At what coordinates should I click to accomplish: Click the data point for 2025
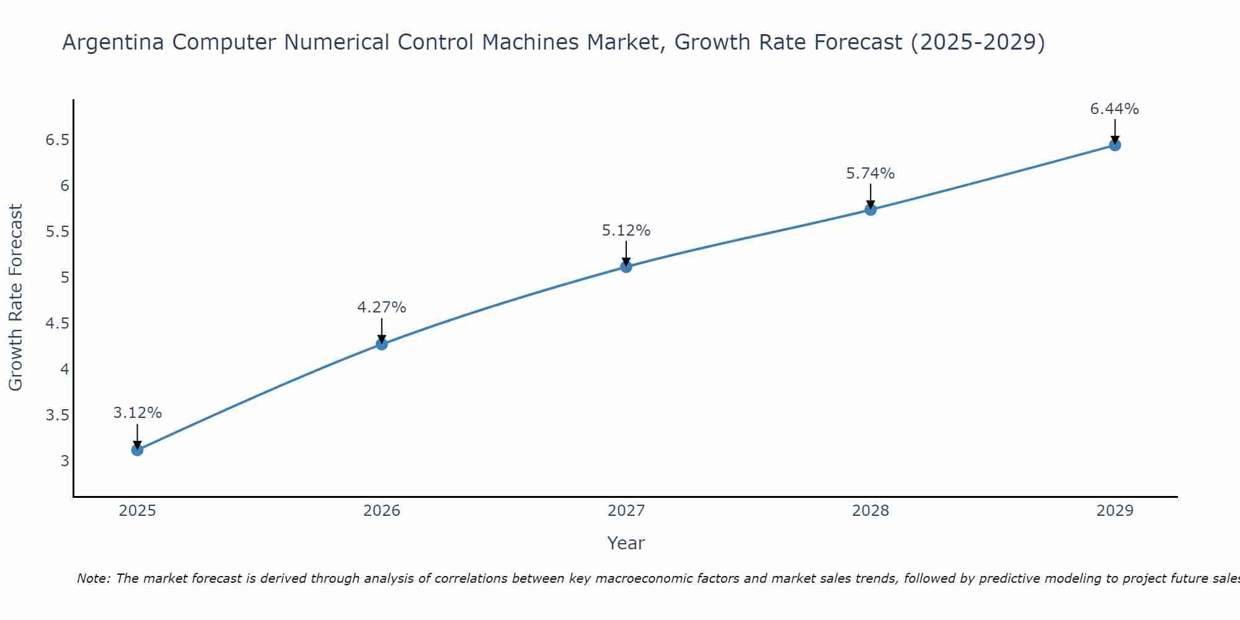pyautogui.click(x=138, y=449)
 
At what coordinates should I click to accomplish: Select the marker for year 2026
pyautogui.click(x=382, y=344)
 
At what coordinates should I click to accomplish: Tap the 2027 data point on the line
pyautogui.click(x=626, y=267)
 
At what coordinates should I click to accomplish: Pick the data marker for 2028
pyautogui.click(x=870, y=210)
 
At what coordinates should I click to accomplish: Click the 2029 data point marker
pyautogui.click(x=1115, y=145)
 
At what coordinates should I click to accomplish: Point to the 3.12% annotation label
pyautogui.click(x=138, y=413)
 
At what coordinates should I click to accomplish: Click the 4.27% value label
pyautogui.click(x=382, y=308)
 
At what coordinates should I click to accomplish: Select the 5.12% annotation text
pyautogui.click(x=626, y=231)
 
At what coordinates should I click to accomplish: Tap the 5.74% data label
pyautogui.click(x=870, y=174)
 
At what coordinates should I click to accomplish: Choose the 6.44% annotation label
pyautogui.click(x=1115, y=109)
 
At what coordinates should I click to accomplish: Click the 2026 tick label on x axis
pyautogui.click(x=382, y=511)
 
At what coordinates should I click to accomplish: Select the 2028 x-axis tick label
pyautogui.click(x=870, y=511)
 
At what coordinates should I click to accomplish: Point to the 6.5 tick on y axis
pyautogui.click(x=57, y=140)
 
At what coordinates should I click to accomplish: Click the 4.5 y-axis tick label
pyautogui.click(x=57, y=324)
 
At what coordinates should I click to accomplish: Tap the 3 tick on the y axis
pyautogui.click(x=65, y=461)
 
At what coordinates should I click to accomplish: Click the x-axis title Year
pyautogui.click(x=626, y=543)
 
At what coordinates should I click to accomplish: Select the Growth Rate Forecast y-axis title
pyautogui.click(x=16, y=298)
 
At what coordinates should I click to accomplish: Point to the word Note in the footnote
pyautogui.click(x=93, y=578)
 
